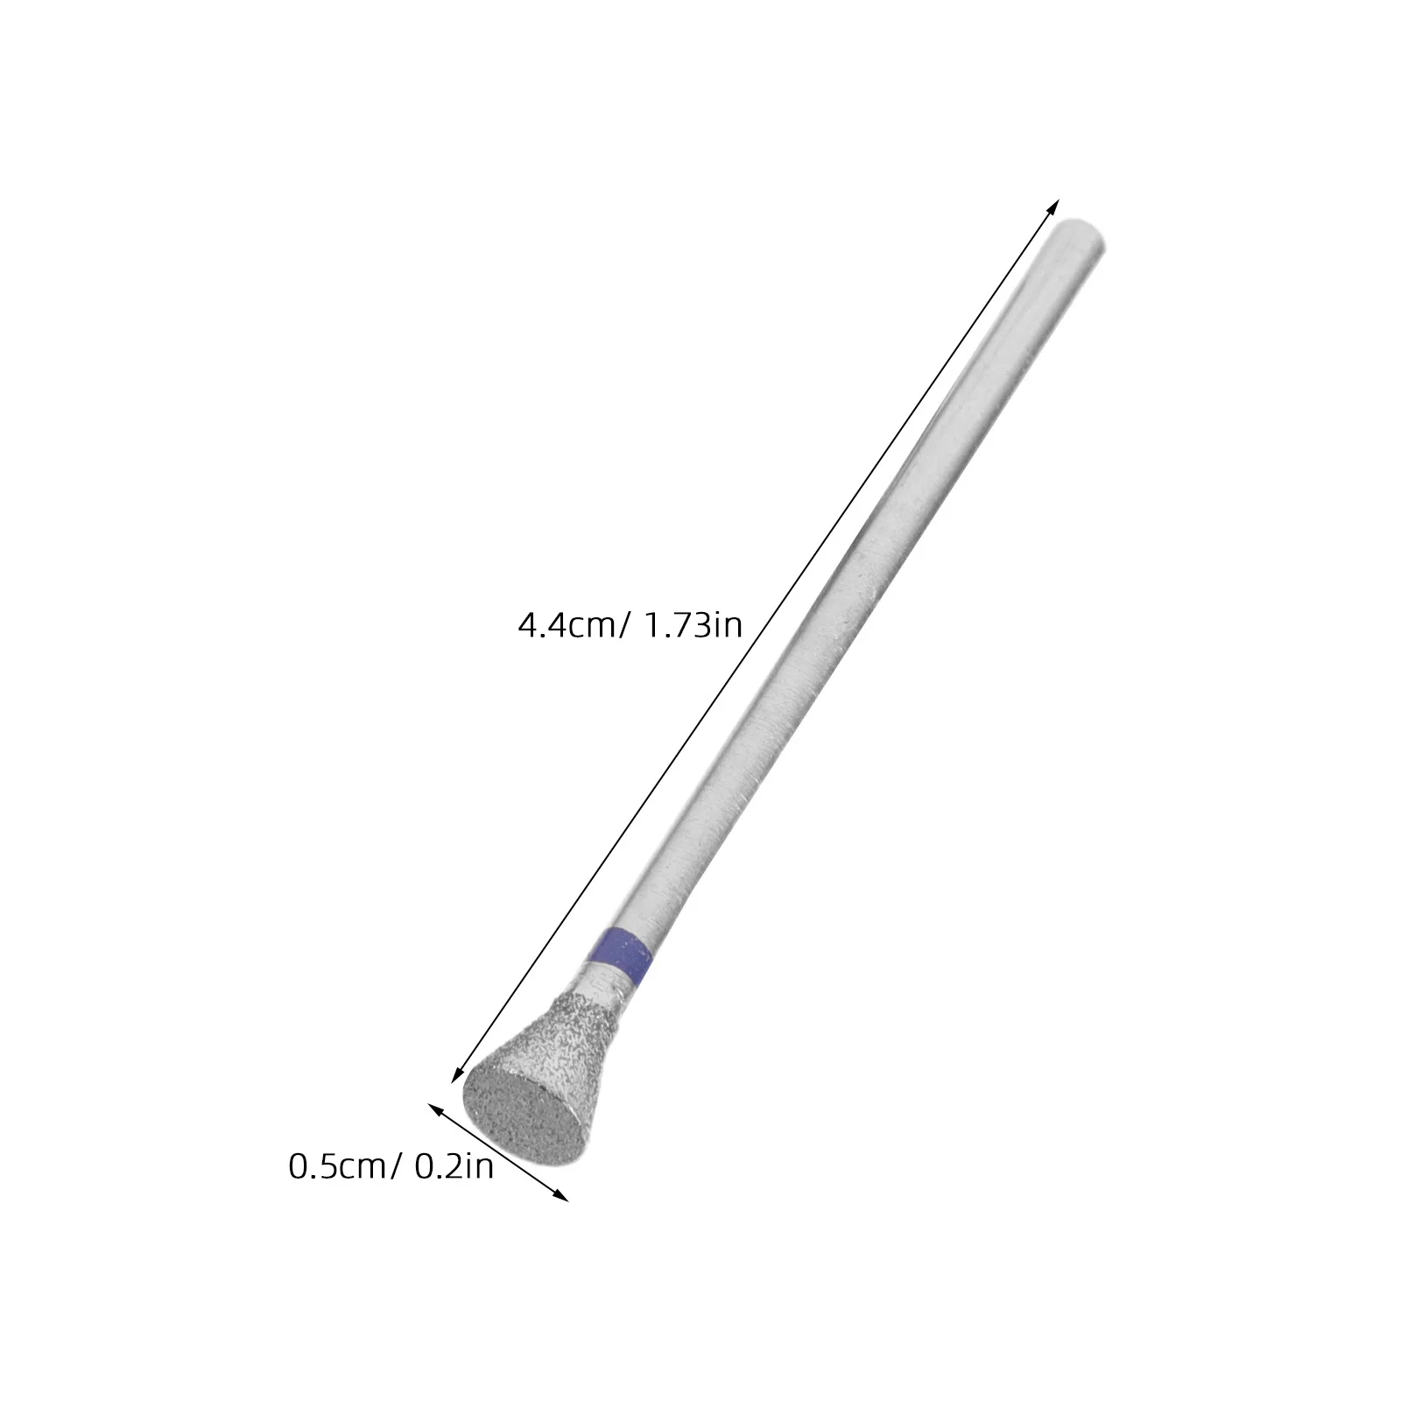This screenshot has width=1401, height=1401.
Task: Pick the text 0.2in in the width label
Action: pyautogui.click(x=454, y=1167)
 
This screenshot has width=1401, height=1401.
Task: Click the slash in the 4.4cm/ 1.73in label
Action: pyautogui.click(x=623, y=626)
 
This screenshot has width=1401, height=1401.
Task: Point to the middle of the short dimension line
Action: pyautogui.click(x=498, y=1151)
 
